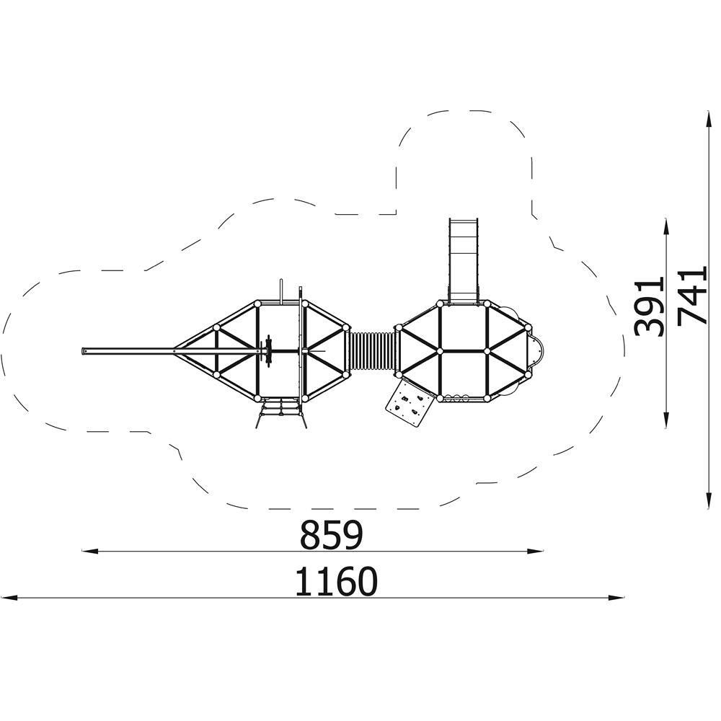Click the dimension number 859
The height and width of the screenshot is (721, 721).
pos(331,535)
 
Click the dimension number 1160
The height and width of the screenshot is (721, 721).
pos(336,581)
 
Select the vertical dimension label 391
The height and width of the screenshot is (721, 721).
pos(649,306)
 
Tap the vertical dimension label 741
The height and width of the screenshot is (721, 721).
pos(692,295)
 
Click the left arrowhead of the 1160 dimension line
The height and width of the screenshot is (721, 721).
pos(9,598)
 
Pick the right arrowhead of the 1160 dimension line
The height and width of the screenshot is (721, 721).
pos(616,598)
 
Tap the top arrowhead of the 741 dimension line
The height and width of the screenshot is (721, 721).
pos(709,120)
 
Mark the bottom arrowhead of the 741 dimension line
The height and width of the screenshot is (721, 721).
pos(709,500)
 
